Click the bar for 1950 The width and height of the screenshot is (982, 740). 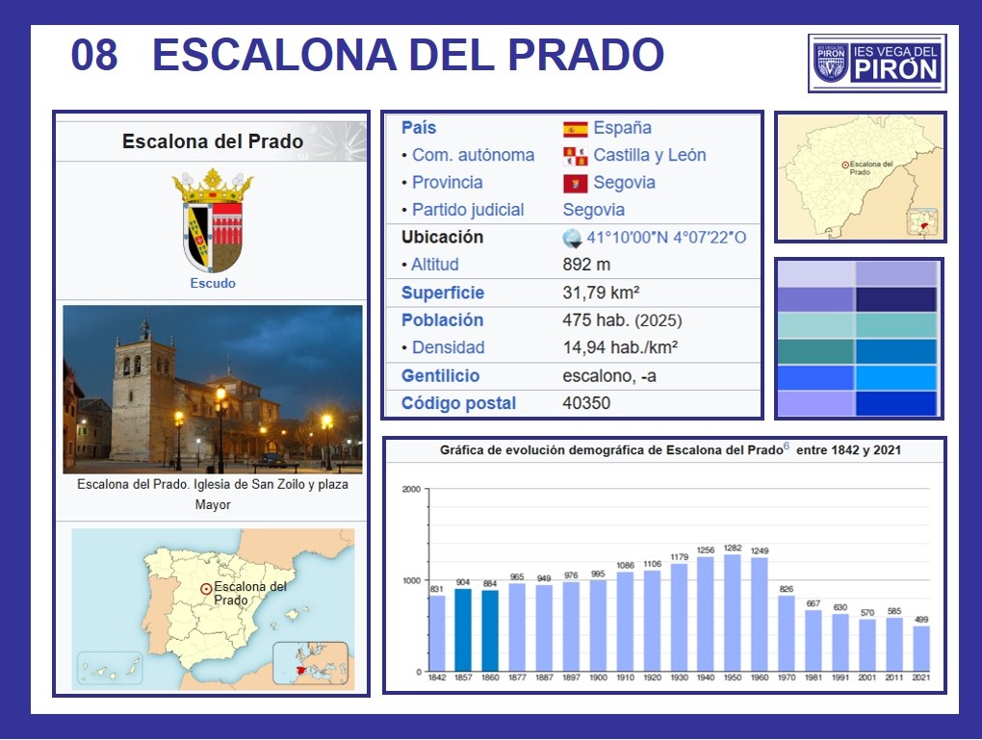732,613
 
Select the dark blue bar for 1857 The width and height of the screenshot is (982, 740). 463,629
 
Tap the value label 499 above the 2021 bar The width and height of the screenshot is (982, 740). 921,619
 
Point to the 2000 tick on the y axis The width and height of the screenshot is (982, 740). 411,489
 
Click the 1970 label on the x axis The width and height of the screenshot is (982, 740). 787,677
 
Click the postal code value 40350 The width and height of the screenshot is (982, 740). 586,402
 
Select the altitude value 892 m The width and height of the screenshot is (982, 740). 586,265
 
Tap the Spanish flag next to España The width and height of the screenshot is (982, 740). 575,129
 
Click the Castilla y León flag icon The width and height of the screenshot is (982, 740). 575,156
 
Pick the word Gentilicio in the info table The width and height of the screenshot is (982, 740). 440,375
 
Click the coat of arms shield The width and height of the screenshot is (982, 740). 213,236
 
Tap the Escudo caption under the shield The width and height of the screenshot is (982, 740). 213,283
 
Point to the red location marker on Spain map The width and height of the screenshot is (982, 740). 205,589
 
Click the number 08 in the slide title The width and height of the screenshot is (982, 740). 94,55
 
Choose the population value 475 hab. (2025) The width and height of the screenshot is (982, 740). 622,319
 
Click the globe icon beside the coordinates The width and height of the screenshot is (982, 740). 573,238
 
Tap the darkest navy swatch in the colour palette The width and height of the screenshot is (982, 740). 896,299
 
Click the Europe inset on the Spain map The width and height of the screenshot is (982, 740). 310,664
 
